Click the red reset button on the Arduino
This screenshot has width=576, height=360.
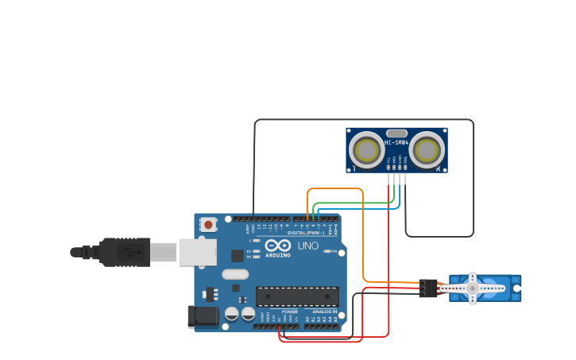(x=208, y=225)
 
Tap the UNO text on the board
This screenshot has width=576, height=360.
(x=308, y=246)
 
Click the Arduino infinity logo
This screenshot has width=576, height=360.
(x=277, y=246)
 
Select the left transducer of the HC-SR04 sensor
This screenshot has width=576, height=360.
(x=366, y=150)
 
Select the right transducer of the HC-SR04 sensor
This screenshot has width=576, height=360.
(x=427, y=150)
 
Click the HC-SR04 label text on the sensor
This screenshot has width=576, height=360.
(x=396, y=143)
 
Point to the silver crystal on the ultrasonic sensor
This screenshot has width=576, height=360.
(x=396, y=134)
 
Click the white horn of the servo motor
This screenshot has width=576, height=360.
(x=473, y=288)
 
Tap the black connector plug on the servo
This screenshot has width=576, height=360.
(x=427, y=288)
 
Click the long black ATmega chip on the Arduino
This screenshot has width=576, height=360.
(x=296, y=296)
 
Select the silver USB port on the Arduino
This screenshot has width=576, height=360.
(x=197, y=252)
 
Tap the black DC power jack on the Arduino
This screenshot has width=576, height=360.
(x=203, y=316)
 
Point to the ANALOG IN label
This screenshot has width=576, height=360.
(x=323, y=312)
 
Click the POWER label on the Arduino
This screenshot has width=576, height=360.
(x=289, y=312)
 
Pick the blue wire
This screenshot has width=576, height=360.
(x=358, y=208)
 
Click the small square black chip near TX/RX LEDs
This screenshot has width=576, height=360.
(x=237, y=255)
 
